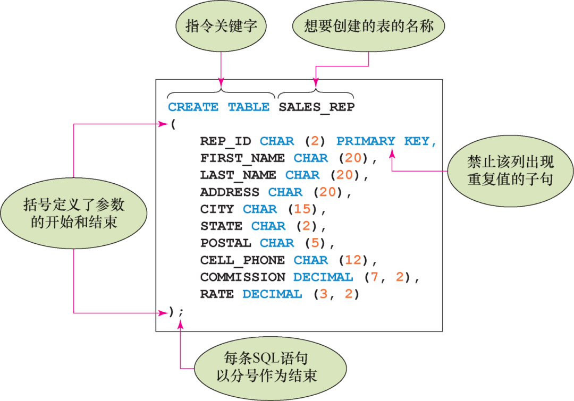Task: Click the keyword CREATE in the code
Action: point(193,107)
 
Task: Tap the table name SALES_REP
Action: point(316,107)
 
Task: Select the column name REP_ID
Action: point(225,141)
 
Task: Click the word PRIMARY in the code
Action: point(366,141)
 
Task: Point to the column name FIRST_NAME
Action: point(242,158)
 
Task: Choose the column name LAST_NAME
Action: point(238,175)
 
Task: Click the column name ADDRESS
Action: point(230,192)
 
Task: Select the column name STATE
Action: point(221,226)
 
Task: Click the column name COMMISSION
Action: point(242,277)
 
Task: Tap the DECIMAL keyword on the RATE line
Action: point(272,294)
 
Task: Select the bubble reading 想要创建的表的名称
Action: point(369,27)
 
